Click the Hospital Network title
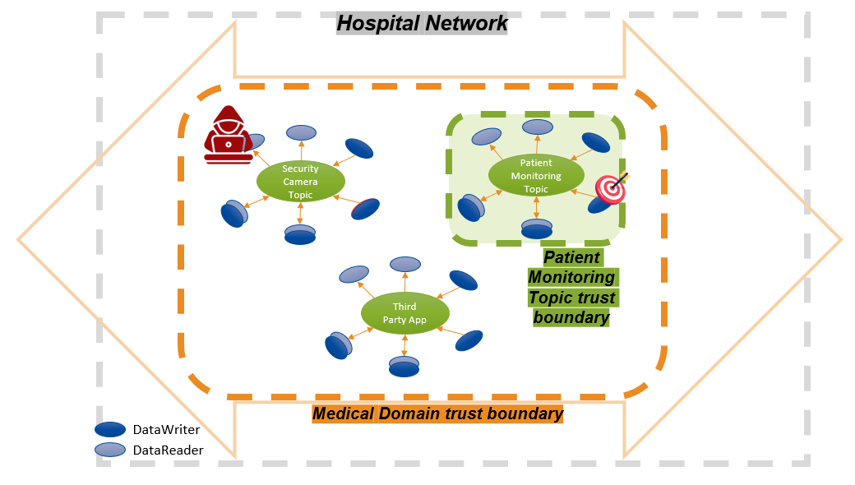423,23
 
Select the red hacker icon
229,135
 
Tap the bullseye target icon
610,188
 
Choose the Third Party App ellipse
405,313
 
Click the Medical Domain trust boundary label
438,413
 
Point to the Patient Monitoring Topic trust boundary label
571,287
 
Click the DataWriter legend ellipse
109,429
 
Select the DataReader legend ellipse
109,450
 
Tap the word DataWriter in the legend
166,429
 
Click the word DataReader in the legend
168,450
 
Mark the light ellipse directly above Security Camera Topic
302,132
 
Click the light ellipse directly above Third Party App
406,264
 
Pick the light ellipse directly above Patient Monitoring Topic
538,127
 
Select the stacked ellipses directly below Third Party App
404,367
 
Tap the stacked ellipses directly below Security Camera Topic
300,235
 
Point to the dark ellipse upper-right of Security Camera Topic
358,148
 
